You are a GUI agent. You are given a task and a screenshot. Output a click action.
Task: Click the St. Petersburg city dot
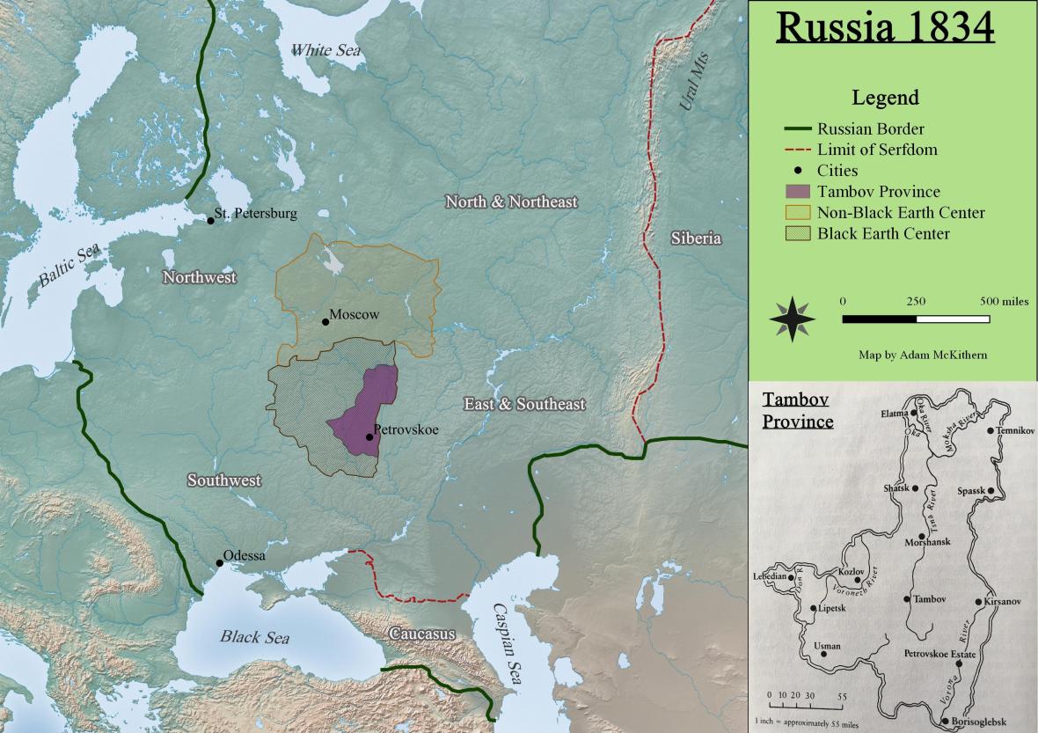[x=210, y=220]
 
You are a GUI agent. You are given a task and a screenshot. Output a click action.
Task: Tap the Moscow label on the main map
[x=355, y=314]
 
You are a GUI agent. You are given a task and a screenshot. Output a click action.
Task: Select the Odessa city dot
[x=219, y=563]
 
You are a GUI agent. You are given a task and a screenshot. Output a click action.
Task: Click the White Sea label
[x=325, y=50]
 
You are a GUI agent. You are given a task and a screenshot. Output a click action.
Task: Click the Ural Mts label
[x=693, y=81]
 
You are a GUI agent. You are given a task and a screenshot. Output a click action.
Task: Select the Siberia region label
[x=695, y=238]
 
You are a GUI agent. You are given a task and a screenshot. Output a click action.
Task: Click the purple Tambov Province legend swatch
[x=797, y=192]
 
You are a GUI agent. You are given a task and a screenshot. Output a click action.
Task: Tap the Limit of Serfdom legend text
[x=877, y=150]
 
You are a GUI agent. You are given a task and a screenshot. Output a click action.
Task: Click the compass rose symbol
[x=792, y=319]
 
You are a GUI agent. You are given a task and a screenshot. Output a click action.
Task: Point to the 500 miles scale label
[x=1004, y=301]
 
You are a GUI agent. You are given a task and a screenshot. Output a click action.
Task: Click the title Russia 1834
[x=886, y=27]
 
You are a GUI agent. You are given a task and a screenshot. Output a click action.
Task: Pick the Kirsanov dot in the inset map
[x=978, y=602]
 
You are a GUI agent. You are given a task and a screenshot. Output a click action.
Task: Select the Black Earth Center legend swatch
[x=797, y=234]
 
